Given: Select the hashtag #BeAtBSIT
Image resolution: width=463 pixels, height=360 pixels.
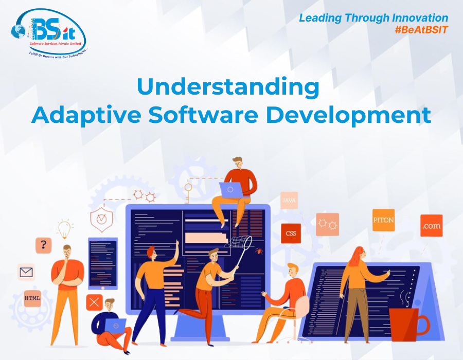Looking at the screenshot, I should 421,30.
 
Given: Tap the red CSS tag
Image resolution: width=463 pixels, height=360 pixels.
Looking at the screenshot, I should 291,233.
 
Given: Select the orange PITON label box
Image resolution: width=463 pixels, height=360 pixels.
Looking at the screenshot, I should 383,220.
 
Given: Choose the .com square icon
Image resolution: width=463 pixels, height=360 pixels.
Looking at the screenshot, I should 431,226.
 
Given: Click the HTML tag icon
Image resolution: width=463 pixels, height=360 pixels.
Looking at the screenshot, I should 32,297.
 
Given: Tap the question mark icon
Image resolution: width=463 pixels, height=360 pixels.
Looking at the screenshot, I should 43,245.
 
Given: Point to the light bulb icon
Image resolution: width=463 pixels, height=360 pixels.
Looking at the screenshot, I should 64,228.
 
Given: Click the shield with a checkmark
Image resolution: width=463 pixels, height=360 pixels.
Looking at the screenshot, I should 101,220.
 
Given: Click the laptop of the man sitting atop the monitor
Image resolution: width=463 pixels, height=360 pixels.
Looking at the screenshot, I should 230,190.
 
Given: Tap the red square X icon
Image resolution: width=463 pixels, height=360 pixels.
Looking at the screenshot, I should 94,302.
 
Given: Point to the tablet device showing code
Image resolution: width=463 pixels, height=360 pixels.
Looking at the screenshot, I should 103,263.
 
